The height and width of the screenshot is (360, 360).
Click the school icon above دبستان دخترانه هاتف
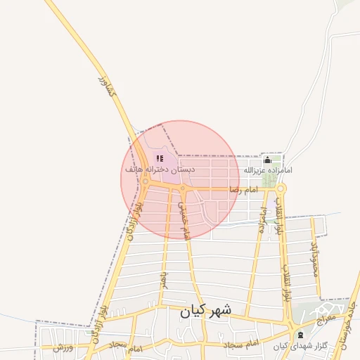click(x=160, y=159)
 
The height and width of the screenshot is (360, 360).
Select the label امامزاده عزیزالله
click(x=268, y=170)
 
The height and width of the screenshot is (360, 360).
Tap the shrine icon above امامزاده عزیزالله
click(x=267, y=160)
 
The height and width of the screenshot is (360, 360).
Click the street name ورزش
click(x=63, y=347)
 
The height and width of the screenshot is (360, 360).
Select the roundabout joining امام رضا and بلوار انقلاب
click(x=281, y=188)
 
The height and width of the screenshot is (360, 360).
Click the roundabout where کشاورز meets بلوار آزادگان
click(x=145, y=182)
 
